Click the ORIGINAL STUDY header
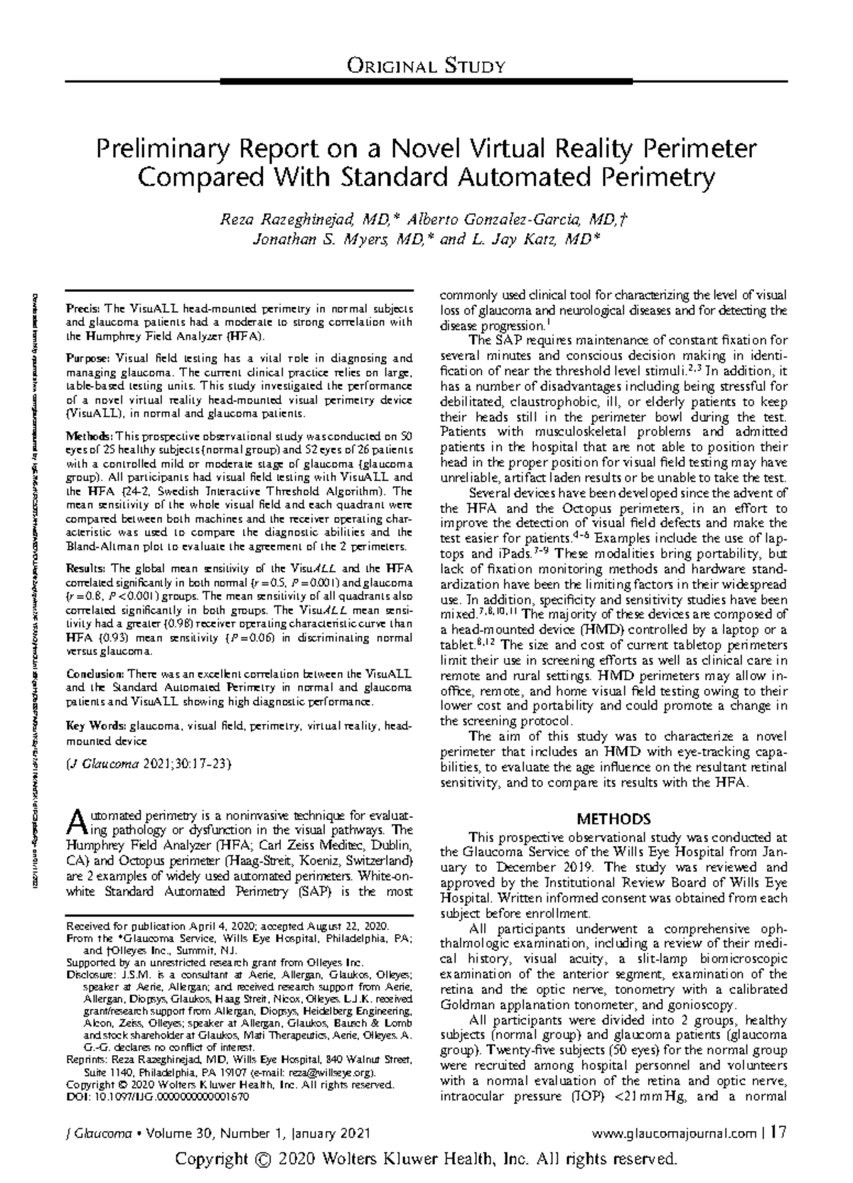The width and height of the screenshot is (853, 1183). pos(426,67)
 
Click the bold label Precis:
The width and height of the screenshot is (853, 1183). pos(83,309)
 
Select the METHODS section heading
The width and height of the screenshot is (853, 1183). pos(613,819)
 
